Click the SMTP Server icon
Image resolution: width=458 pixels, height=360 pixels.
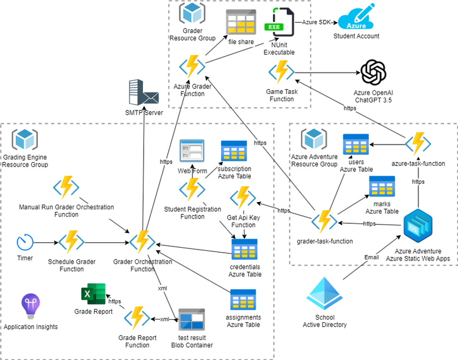(144, 93)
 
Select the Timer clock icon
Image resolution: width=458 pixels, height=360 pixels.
(25, 242)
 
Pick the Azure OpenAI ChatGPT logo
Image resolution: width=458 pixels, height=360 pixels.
(374, 73)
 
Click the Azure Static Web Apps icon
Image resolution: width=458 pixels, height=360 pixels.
(418, 224)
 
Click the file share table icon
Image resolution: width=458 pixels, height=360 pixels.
(241, 23)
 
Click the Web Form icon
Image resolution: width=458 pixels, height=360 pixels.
(191, 151)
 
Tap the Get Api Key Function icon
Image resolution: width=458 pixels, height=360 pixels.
(243, 198)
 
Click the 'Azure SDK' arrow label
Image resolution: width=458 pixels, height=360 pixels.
(316, 22)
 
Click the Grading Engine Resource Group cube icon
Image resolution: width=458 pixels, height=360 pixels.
(26, 140)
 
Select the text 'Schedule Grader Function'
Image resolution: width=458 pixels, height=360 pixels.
(71, 265)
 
